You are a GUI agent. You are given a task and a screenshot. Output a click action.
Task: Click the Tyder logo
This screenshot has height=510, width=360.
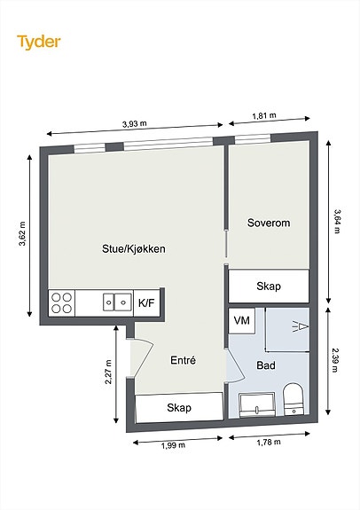click(x=39, y=43)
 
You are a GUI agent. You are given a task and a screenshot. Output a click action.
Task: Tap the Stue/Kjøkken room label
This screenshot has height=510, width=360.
click(x=134, y=249)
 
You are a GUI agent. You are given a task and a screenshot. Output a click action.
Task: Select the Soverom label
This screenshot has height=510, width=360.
click(x=269, y=223)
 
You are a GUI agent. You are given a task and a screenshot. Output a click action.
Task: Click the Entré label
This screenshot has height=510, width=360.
click(x=183, y=360)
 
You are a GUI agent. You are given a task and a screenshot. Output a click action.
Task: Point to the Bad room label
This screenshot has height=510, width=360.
click(x=266, y=365)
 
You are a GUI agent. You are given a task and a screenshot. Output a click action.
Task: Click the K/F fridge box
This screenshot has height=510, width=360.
click(x=146, y=302)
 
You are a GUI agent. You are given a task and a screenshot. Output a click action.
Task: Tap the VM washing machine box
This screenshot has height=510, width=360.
click(x=242, y=321)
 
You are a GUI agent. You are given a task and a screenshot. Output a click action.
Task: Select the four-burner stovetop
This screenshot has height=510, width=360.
click(x=62, y=302)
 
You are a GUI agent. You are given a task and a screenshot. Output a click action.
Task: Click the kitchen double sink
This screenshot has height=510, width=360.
click(x=118, y=302)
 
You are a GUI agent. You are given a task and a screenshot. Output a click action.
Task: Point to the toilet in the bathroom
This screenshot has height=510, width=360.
click(x=293, y=399)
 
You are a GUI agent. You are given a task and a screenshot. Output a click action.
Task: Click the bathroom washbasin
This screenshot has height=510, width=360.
click(x=257, y=405)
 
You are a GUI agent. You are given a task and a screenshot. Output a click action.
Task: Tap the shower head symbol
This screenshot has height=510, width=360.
click(x=301, y=326)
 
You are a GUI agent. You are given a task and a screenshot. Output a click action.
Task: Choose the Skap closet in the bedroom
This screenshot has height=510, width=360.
click(x=269, y=286)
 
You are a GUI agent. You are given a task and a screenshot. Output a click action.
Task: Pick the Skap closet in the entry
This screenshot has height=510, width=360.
click(x=179, y=407)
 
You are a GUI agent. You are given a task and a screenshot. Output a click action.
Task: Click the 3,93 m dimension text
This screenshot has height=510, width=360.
click(x=135, y=123)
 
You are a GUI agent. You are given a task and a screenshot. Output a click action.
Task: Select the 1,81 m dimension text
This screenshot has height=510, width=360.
click(x=264, y=115)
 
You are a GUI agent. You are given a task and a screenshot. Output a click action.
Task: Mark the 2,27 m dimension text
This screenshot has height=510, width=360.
click(x=108, y=373)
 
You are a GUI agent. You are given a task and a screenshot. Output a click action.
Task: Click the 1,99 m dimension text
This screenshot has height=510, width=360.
click(x=173, y=445)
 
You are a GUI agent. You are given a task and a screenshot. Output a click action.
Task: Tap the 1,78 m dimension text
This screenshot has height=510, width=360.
click(x=269, y=442)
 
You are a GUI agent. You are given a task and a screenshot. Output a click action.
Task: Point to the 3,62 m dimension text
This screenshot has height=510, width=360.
click(x=22, y=234)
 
